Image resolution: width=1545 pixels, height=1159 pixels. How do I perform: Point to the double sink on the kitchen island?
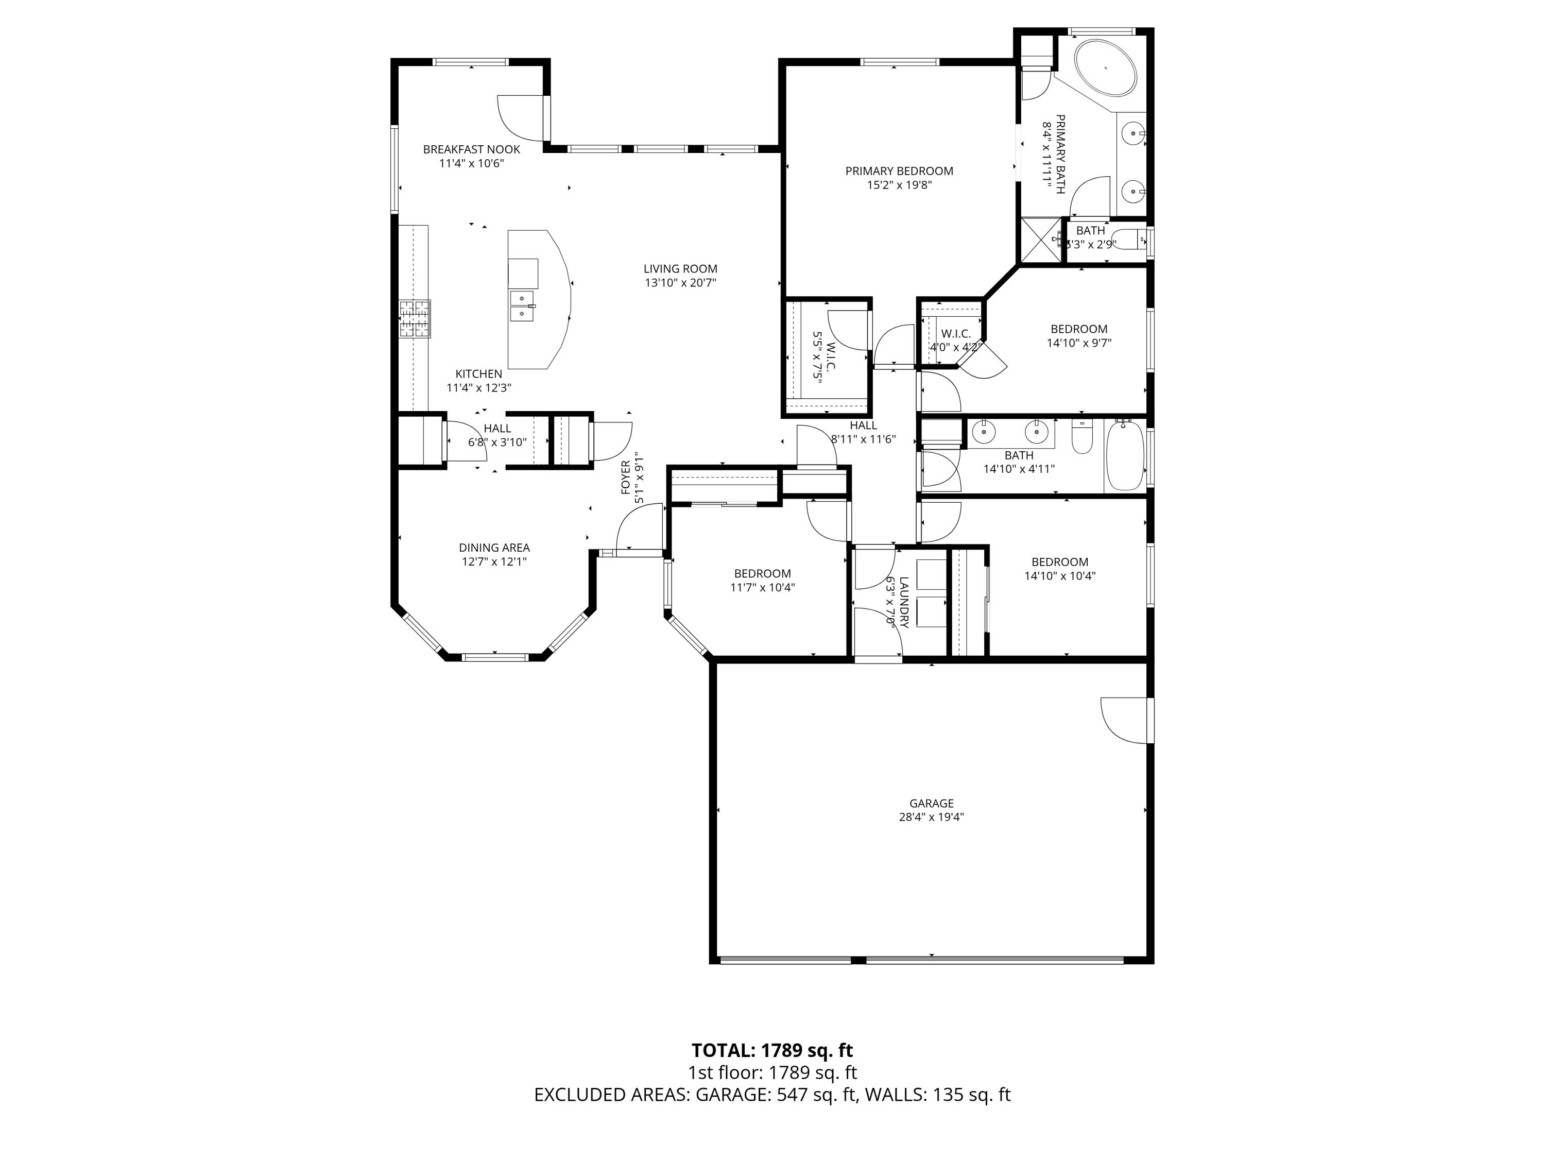(x=522, y=306)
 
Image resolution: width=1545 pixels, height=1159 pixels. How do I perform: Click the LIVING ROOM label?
(x=680, y=268)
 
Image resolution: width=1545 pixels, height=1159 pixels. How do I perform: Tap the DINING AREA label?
(x=494, y=548)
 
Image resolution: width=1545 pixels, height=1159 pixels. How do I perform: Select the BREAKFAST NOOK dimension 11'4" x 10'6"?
(x=471, y=163)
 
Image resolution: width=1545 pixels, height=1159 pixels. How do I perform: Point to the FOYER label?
(x=626, y=478)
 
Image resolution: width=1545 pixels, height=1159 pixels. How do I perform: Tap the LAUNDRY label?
(x=903, y=602)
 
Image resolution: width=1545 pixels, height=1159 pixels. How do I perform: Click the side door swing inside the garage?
(x=1125, y=720)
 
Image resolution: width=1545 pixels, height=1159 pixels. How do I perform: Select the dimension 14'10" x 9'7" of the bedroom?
(x=1078, y=343)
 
